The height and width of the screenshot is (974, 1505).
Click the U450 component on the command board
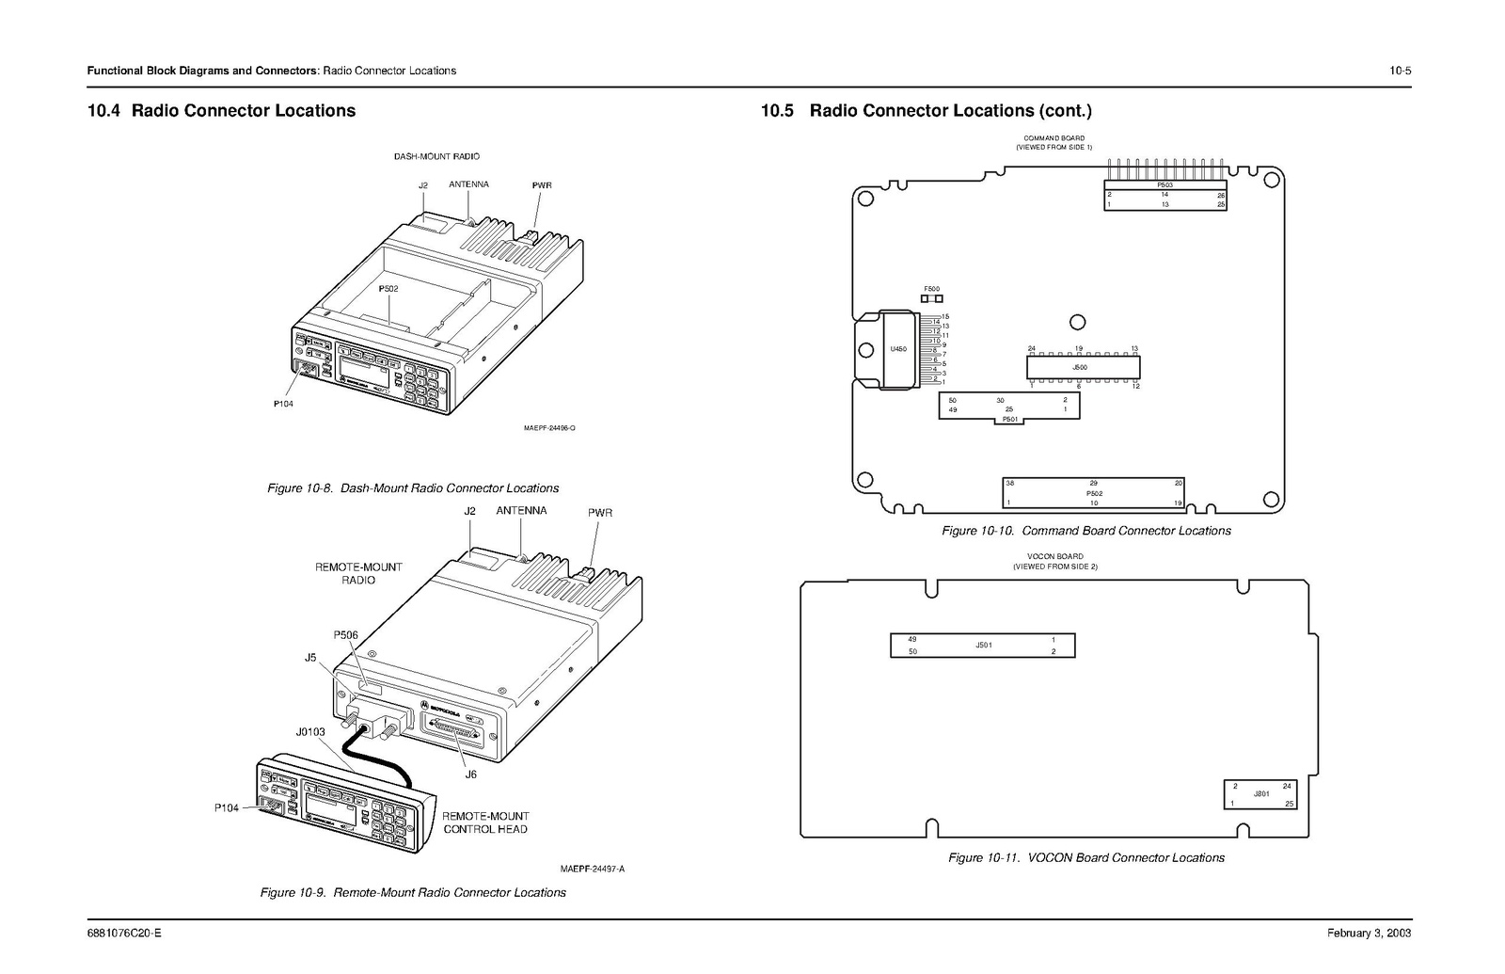897,349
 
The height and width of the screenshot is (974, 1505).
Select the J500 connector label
1080,367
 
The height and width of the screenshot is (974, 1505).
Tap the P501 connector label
1009,419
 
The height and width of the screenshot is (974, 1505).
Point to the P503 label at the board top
1164,184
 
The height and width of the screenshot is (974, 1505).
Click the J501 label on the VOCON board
984,646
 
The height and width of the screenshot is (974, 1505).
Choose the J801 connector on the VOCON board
1261,794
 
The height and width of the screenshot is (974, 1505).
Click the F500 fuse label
931,289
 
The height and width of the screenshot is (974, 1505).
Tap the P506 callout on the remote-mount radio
345,635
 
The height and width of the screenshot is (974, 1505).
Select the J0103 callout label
310,730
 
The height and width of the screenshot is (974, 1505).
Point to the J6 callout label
470,774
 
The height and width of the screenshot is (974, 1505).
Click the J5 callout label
310,658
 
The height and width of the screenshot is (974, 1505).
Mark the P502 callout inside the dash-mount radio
388,289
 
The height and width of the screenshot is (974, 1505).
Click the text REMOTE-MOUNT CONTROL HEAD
485,822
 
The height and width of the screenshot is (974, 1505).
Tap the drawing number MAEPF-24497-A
593,869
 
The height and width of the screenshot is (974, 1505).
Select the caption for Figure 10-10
1085,531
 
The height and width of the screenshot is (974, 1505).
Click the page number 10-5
1400,71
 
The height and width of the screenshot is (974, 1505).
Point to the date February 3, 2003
1369,934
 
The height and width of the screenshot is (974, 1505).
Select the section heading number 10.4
103,111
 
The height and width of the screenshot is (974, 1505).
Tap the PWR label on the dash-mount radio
542,185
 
